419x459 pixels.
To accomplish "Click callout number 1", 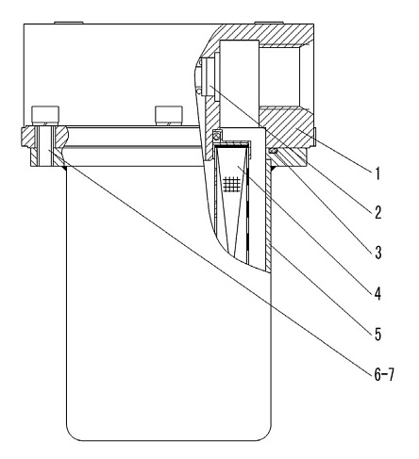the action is point(377,173).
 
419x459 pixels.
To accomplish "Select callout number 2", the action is point(377,212).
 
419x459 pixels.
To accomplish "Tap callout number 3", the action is point(378,253).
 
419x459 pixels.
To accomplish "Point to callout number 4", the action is point(377,293).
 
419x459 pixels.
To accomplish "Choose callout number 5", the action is point(377,334).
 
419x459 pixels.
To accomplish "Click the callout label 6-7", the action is point(384,374).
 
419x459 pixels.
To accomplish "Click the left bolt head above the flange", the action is point(45,115).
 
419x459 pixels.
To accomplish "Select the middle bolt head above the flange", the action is point(169,115).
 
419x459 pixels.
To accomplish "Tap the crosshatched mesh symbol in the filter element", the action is point(231,183).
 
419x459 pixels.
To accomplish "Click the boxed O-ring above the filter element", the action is point(217,136).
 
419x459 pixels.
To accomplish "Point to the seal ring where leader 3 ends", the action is point(273,152).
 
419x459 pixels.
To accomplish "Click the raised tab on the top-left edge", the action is point(69,23).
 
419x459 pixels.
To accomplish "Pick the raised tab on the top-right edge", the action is point(268,23).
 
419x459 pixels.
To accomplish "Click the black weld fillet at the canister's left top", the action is point(65,169).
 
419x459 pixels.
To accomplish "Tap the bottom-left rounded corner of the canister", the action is point(73,434).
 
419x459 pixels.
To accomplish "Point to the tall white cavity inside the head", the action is point(240,84).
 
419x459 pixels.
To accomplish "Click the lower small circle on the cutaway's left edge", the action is point(199,91).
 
